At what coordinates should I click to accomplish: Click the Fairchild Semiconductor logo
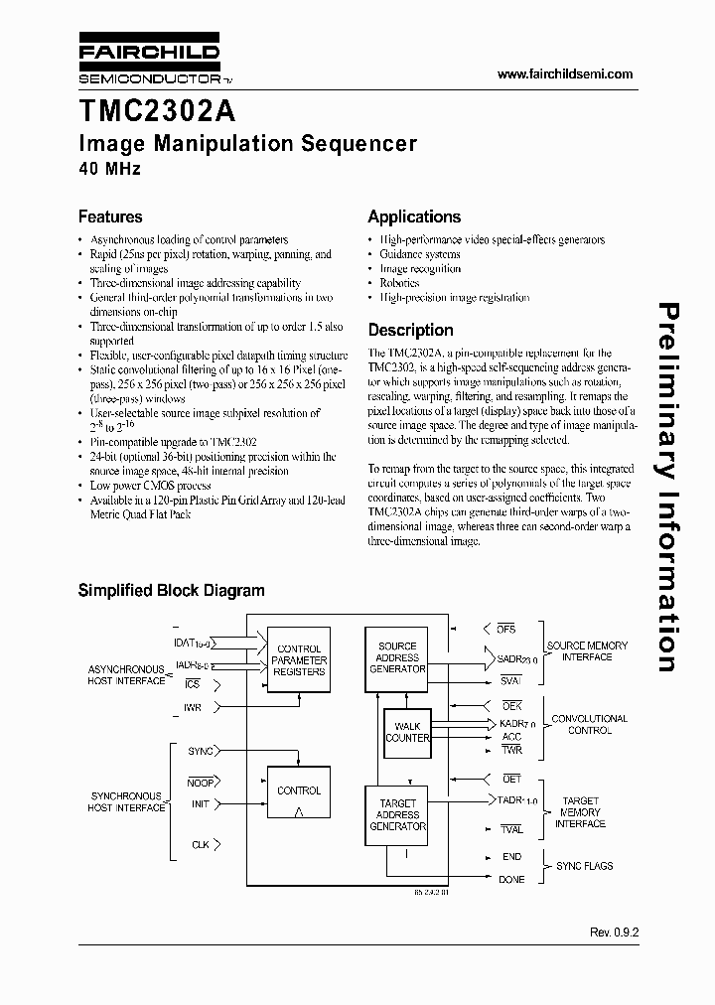pyautogui.click(x=149, y=62)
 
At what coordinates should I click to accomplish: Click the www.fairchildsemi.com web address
pyautogui.click(x=564, y=74)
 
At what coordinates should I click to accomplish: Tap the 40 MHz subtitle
pyautogui.click(x=109, y=169)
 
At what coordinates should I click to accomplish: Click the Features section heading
pyautogui.click(x=110, y=216)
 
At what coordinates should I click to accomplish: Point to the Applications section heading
pyautogui.click(x=414, y=216)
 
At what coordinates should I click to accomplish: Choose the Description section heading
pyautogui.click(x=410, y=330)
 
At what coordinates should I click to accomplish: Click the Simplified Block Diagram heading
pyautogui.click(x=171, y=590)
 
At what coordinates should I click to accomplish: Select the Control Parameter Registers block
pyautogui.click(x=298, y=660)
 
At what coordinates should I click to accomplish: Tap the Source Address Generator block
pyautogui.click(x=397, y=657)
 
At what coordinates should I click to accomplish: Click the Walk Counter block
pyautogui.click(x=406, y=732)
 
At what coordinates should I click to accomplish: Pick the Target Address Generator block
pyautogui.click(x=397, y=814)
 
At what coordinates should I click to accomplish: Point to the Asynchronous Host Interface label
pyautogui.click(x=126, y=675)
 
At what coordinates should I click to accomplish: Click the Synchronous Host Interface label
pyautogui.click(x=126, y=802)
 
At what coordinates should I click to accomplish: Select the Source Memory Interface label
pyautogui.click(x=587, y=650)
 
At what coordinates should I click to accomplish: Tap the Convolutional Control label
pyautogui.click(x=589, y=724)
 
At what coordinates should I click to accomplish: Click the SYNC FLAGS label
pyautogui.click(x=584, y=866)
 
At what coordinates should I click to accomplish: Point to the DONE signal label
pyautogui.click(x=511, y=879)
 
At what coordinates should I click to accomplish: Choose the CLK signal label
pyautogui.click(x=201, y=845)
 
